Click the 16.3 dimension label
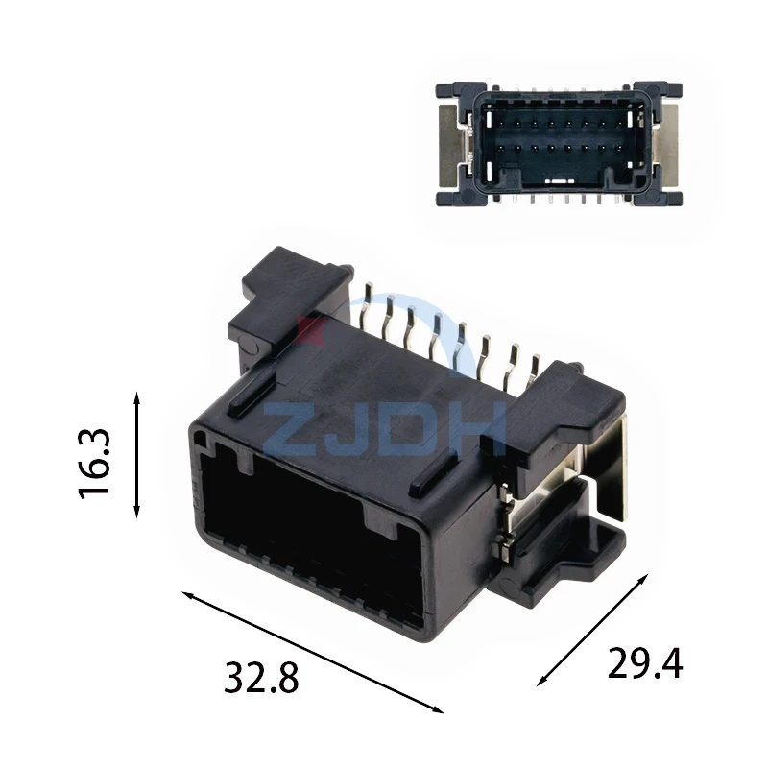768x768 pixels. pos(94,464)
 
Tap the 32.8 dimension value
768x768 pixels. pos(261,678)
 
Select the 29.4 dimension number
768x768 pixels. pos(644,663)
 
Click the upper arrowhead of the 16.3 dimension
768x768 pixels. pos(137,397)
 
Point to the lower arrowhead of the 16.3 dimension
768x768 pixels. pos(137,511)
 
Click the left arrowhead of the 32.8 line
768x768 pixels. pos(188,595)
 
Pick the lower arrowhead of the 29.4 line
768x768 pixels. pos(542,680)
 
